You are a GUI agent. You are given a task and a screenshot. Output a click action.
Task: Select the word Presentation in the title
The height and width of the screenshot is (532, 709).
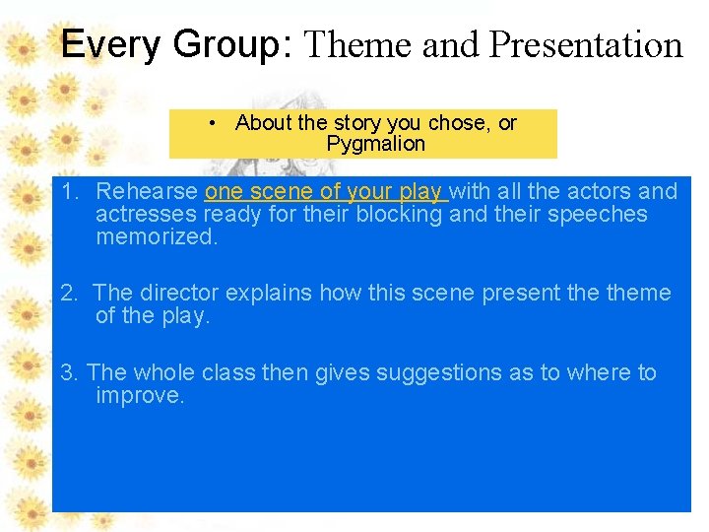586,44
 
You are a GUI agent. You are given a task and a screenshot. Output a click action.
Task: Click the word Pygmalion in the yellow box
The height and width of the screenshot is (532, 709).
375,144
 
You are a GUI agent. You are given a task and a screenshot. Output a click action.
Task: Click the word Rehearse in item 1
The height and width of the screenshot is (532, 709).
148,191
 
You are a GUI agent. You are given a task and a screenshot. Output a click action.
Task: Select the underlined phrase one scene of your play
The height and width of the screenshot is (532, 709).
324,191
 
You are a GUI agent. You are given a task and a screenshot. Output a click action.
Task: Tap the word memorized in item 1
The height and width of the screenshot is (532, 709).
155,236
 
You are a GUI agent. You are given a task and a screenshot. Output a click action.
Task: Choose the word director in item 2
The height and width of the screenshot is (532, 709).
179,293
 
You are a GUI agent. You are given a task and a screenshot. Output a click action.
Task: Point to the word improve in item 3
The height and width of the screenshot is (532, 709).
138,395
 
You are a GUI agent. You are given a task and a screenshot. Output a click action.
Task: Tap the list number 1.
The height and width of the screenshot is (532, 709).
66,191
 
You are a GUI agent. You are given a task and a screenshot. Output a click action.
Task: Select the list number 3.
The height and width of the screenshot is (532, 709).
66,372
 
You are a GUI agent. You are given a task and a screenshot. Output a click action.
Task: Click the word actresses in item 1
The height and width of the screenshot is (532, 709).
139,214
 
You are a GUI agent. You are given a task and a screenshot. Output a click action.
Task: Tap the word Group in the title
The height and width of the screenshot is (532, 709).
218,44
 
